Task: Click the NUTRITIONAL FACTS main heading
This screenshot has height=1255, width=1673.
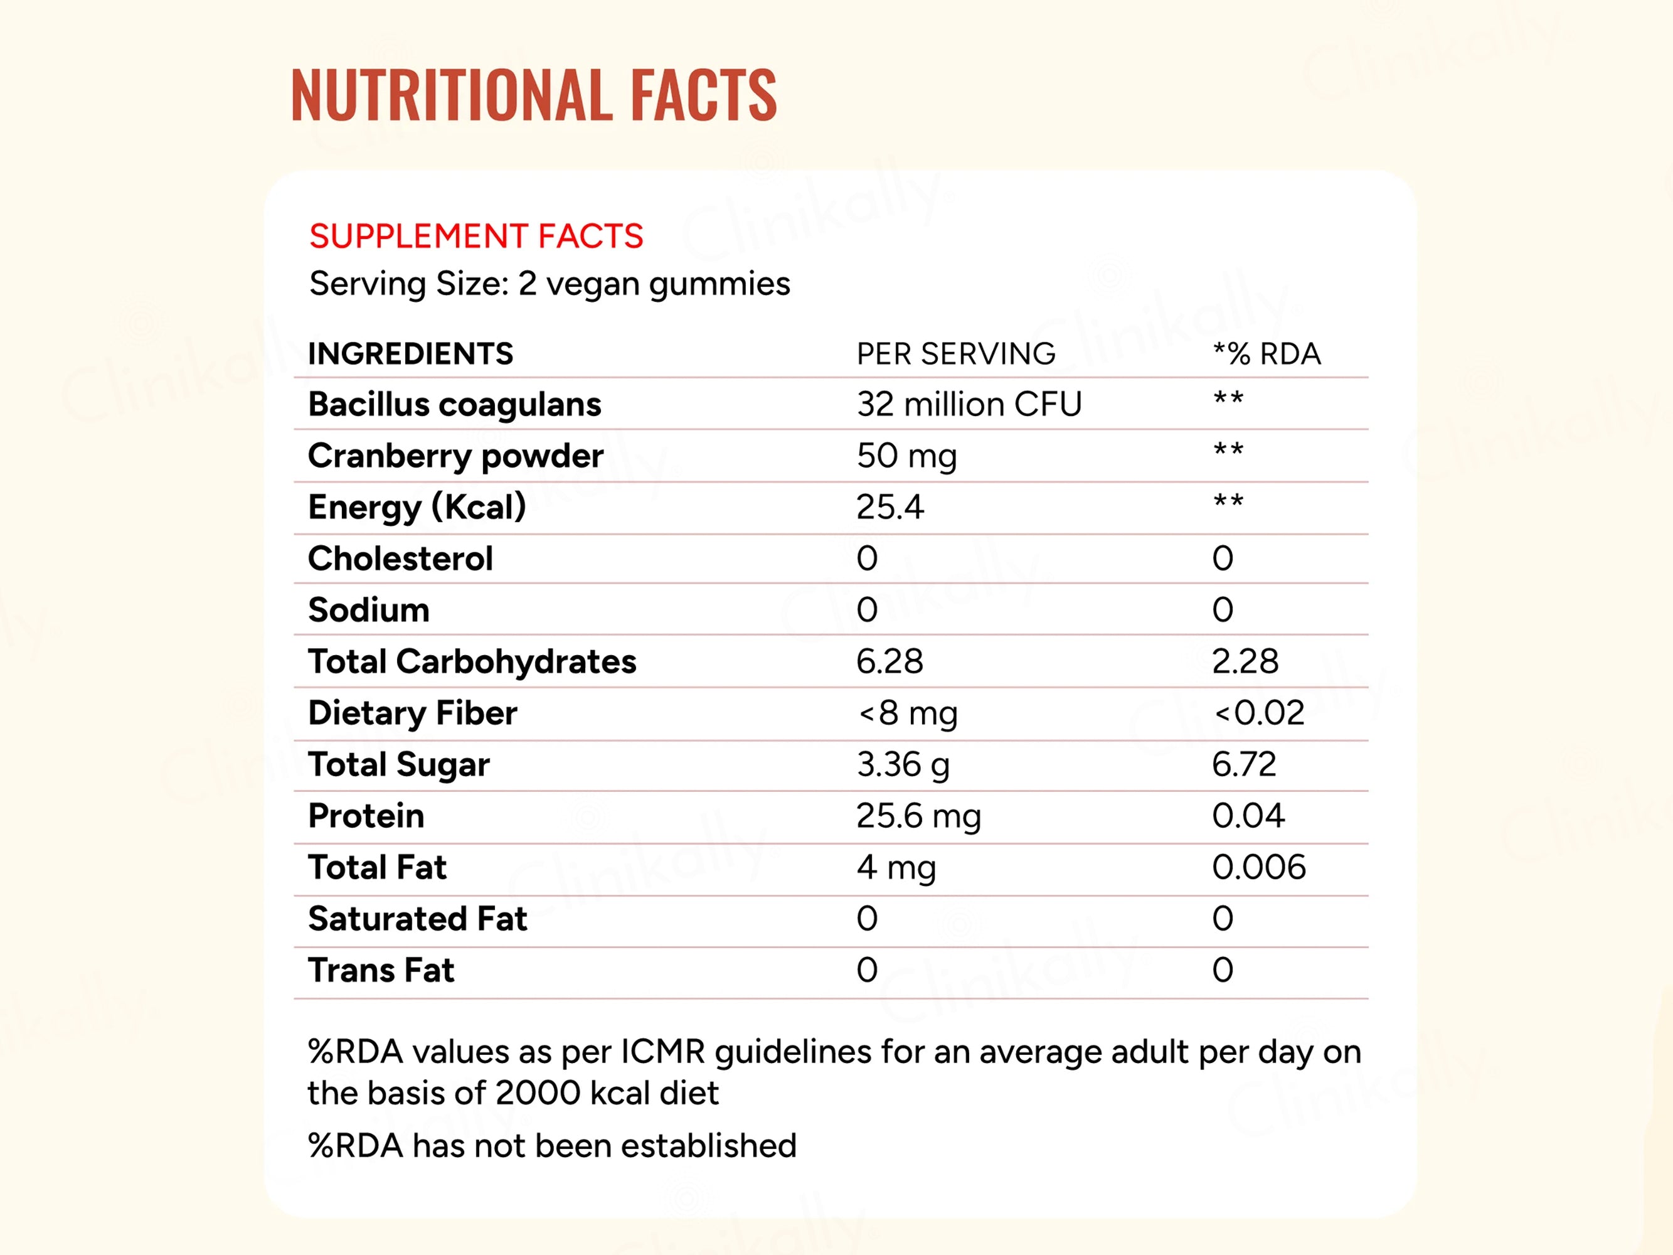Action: tap(533, 95)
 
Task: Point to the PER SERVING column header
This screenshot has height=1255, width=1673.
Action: tap(955, 354)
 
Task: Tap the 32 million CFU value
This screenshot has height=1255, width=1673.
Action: tap(969, 405)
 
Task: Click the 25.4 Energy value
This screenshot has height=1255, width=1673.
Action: tap(890, 507)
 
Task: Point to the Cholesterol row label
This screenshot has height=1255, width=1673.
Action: tap(400, 559)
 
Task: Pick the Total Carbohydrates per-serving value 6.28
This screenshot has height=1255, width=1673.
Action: tap(890, 662)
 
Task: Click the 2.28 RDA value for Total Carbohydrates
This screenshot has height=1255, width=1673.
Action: tap(1245, 662)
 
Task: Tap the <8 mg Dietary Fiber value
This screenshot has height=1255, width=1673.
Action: tap(908, 713)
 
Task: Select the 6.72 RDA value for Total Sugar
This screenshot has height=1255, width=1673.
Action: tap(1243, 765)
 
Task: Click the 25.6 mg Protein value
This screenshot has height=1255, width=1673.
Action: tap(918, 816)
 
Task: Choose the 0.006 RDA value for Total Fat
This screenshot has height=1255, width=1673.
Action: tap(1258, 868)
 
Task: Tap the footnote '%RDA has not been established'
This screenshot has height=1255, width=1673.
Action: tap(551, 1146)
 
